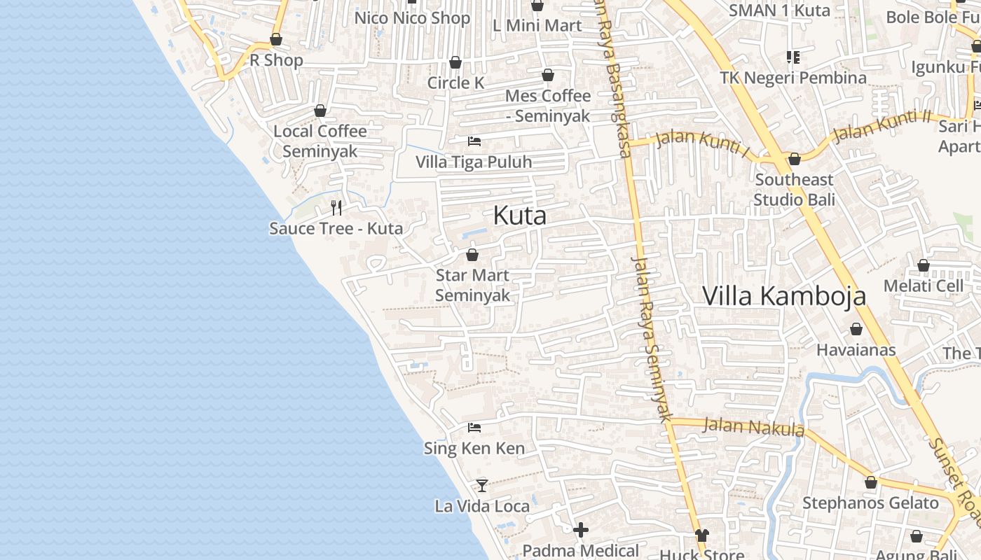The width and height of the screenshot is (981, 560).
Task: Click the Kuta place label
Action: coord(519,216)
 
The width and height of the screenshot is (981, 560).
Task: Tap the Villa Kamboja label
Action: coord(783,296)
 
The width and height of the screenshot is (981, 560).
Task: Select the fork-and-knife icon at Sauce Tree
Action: coord(336,207)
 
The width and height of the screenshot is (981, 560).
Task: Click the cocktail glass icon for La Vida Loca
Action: coord(482,484)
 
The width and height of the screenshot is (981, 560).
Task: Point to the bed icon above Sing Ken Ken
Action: coord(474,427)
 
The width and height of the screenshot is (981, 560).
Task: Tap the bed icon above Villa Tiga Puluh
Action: coord(474,141)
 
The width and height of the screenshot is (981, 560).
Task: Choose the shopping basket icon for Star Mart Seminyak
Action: coord(472,254)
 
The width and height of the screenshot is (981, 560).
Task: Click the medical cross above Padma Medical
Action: coord(581,530)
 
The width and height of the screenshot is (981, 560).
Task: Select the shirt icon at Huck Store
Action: coord(702,535)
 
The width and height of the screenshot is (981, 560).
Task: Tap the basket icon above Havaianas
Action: coord(856,328)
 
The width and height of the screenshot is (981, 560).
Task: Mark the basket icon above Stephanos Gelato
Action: coord(871,482)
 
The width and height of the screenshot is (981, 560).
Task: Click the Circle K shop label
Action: coord(456,83)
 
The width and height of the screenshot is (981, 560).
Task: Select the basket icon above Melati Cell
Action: coord(924,265)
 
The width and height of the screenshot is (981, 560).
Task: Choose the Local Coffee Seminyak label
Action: coord(320,141)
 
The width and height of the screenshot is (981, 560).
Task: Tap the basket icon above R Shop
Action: coord(276,39)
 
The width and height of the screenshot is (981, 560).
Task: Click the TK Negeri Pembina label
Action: coord(793,78)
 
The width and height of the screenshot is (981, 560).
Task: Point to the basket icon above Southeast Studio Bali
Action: coord(794,159)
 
